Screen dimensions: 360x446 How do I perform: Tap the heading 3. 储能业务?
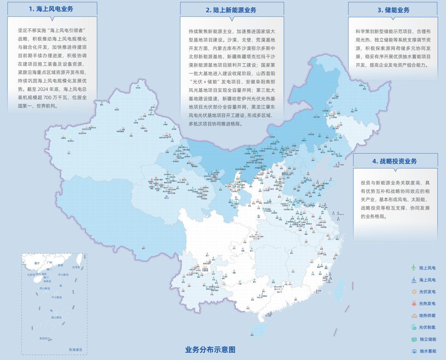tap(393, 10)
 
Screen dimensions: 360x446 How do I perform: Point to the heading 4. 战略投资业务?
tap(395, 161)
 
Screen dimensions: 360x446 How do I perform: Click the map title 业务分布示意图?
tap(210, 350)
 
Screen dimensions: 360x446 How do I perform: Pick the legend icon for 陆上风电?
tap(413, 268)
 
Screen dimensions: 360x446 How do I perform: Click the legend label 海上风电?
tap(427, 280)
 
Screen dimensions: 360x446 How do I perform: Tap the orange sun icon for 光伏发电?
tap(413, 291)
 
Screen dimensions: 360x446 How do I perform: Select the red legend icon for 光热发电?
tap(413, 303)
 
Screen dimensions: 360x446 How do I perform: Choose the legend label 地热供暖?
tap(427, 315)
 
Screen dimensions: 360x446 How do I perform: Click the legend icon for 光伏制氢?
tap(413, 327)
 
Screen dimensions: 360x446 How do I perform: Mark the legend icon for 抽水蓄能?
tap(413, 351)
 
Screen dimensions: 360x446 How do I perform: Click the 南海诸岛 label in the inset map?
tap(76, 350)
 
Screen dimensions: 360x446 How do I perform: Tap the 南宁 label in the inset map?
tap(37, 263)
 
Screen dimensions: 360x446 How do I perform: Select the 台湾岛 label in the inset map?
tap(76, 267)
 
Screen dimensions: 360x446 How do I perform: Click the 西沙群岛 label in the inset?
tap(45, 288)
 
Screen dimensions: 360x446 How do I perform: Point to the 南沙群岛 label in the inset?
tap(56, 317)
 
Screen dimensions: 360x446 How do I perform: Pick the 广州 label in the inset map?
tap(49, 263)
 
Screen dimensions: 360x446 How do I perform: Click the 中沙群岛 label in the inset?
tap(56, 297)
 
